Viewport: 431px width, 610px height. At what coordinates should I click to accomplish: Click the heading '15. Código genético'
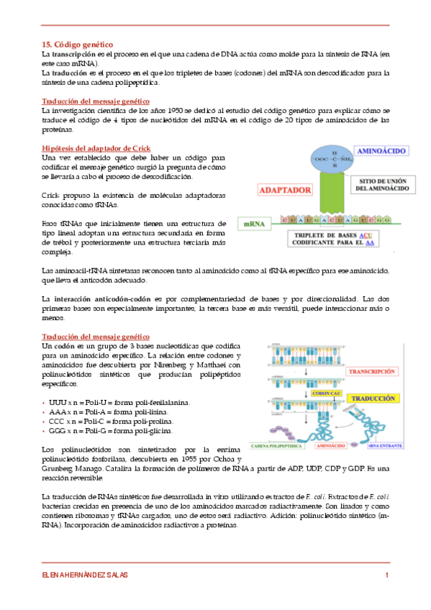click(77, 45)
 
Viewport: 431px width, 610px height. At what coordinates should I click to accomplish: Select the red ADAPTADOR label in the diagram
click(286, 191)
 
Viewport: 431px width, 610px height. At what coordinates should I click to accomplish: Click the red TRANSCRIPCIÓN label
click(371, 372)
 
